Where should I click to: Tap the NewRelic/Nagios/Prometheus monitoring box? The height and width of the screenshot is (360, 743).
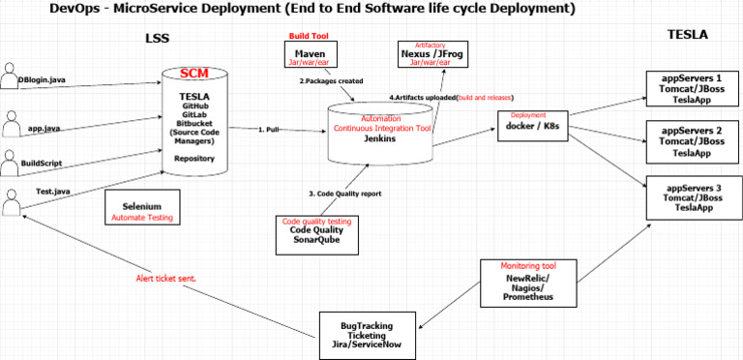click(x=528, y=281)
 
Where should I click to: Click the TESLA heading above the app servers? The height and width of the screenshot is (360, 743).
click(x=688, y=35)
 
